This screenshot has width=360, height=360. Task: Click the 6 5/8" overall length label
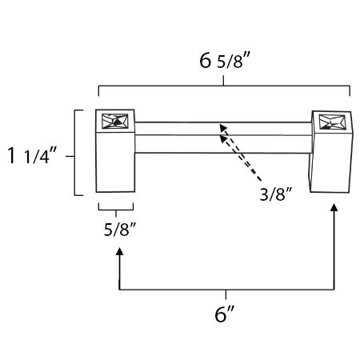click(x=225, y=61)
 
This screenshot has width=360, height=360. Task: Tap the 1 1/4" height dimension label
click(x=32, y=155)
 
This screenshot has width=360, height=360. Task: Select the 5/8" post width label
click(x=120, y=229)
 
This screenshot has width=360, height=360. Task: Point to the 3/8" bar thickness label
click(x=276, y=194)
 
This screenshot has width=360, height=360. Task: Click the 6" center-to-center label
click(x=225, y=314)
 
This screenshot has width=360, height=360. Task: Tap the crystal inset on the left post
click(x=115, y=122)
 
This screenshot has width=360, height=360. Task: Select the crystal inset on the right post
click(x=332, y=122)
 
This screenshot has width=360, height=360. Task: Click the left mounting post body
click(x=115, y=150)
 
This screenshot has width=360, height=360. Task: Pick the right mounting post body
click(x=331, y=151)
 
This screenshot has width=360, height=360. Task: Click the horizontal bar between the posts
click(x=223, y=138)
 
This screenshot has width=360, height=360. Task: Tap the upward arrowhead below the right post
click(x=334, y=207)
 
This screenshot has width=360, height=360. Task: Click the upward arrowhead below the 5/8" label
click(x=120, y=251)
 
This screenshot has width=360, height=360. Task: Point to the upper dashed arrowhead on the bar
click(x=223, y=127)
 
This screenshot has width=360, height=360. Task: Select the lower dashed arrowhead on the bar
click(x=223, y=138)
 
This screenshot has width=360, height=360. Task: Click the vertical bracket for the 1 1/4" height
click(x=75, y=153)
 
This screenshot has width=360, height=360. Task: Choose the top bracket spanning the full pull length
click(x=223, y=86)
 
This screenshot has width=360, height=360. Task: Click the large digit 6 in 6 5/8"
click(x=206, y=61)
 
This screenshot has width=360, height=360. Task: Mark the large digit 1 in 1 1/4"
click(x=12, y=155)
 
